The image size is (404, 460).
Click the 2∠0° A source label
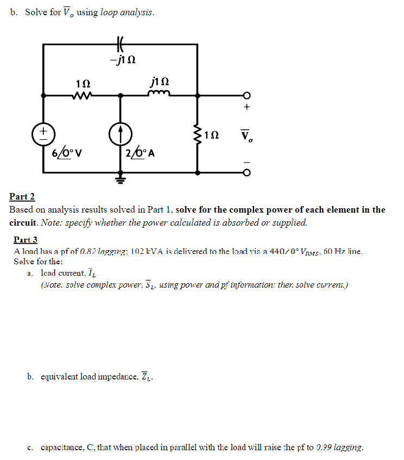point(140,153)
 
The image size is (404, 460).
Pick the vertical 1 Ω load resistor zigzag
point(198,134)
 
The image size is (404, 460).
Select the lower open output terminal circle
point(247,173)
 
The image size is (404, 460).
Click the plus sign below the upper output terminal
point(247,108)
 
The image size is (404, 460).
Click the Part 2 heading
point(22,196)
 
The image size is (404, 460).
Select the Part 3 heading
point(26,239)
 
